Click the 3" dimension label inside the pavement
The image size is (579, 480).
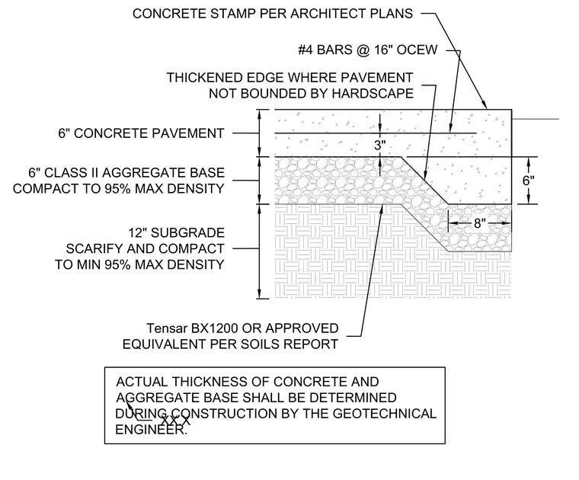click(x=379, y=145)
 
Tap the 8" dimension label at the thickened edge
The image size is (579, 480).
click(x=479, y=223)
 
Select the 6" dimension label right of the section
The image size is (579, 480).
click(x=528, y=181)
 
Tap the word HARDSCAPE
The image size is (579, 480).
click(x=373, y=94)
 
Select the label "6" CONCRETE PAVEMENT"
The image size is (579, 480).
click(x=141, y=133)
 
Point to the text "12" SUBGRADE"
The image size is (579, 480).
click(x=177, y=233)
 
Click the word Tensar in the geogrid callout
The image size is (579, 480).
click(x=167, y=328)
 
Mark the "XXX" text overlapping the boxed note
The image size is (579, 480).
click(x=176, y=421)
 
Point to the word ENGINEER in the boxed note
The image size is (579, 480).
click(x=151, y=430)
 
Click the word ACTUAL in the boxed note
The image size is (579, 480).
click(x=142, y=382)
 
